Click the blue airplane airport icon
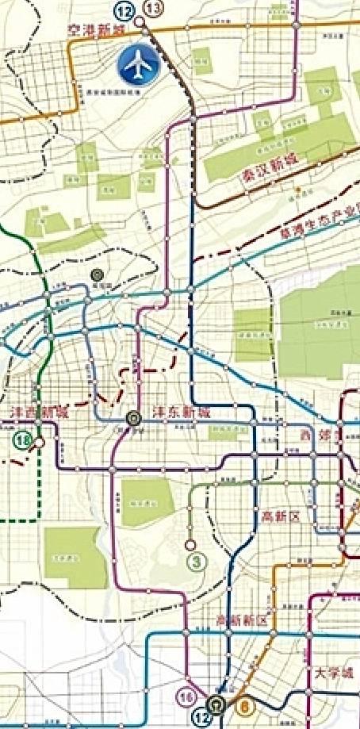[139, 65]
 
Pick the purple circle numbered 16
[187, 696]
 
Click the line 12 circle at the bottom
[203, 716]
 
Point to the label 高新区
[281, 516]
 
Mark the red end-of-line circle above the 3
[190, 545]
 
